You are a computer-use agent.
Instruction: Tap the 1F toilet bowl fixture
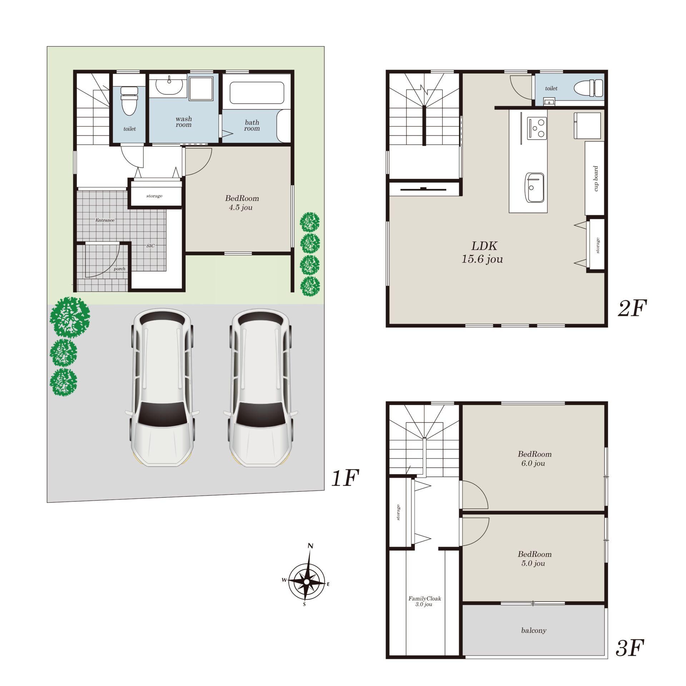(129, 101)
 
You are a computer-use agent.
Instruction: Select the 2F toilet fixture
(588, 88)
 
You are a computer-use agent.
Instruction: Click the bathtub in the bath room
(257, 93)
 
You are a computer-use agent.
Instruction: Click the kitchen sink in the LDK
(535, 188)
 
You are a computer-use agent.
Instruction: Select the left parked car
(162, 388)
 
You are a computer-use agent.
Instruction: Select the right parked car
(260, 388)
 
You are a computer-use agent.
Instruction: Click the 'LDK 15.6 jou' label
(483, 252)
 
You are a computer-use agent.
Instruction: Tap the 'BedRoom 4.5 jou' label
(242, 203)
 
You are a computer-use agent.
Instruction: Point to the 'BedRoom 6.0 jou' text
(535, 458)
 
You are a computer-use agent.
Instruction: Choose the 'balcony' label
(534, 630)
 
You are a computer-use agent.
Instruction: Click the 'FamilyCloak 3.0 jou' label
(424, 601)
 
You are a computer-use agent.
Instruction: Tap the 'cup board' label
(596, 178)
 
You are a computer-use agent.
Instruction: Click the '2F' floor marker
(632, 308)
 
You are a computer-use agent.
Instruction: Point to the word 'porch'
(119, 269)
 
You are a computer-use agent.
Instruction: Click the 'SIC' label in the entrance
(150, 246)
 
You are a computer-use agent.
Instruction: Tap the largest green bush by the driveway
(70, 317)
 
